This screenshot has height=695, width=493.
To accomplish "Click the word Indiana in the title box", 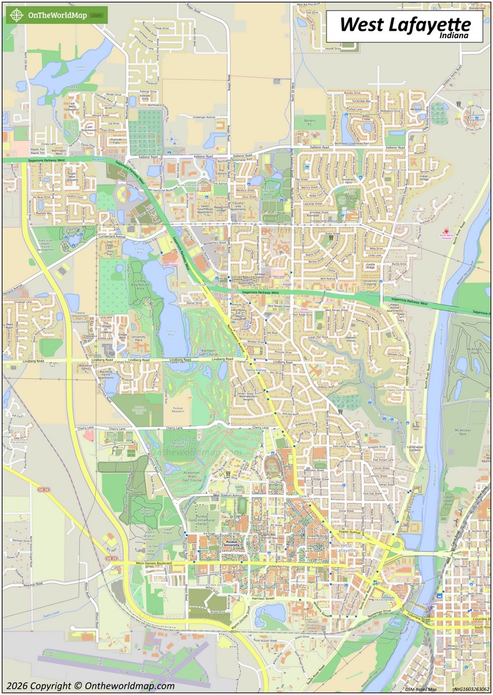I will click(455, 36).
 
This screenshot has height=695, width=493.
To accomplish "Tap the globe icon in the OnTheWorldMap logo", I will click(16, 15).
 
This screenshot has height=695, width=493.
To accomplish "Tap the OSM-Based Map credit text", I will click(421, 689).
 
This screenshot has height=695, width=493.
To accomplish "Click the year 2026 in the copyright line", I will click(18, 686).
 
